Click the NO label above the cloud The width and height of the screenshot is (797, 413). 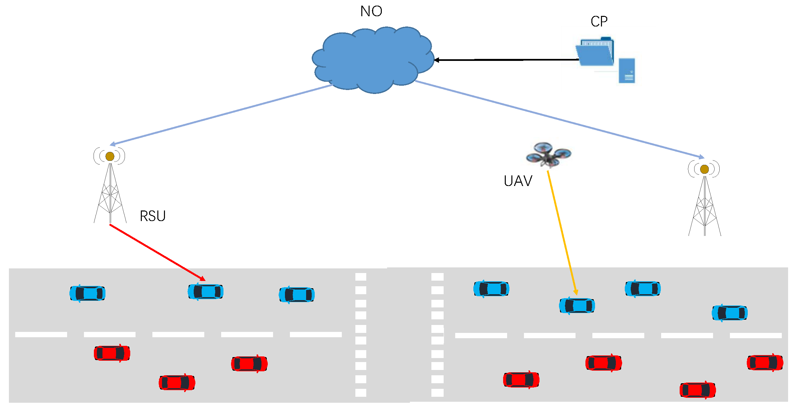click(x=371, y=11)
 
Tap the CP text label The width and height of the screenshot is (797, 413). click(x=599, y=22)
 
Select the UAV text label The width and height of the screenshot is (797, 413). click(x=518, y=181)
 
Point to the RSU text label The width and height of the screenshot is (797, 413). click(x=152, y=216)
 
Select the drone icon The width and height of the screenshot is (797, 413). click(x=548, y=154)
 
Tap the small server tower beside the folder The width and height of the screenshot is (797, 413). click(x=627, y=70)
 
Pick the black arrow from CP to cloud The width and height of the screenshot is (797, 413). click(x=506, y=60)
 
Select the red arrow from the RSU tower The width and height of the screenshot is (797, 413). click(x=157, y=252)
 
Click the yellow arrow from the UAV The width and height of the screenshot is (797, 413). click(x=562, y=232)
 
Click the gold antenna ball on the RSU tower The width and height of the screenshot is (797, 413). click(x=110, y=156)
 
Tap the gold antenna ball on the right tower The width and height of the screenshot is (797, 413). click(x=704, y=169)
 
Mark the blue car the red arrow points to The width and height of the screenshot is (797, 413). click(x=206, y=292)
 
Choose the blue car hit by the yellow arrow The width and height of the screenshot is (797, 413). click(x=577, y=305)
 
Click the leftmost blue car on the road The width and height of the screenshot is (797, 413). click(x=87, y=293)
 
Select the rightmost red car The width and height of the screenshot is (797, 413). click(x=765, y=362)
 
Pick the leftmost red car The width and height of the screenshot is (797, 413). click(x=112, y=353)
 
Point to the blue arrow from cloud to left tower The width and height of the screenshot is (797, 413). click(x=221, y=115)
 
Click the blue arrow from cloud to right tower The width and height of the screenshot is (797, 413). click(x=559, y=119)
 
